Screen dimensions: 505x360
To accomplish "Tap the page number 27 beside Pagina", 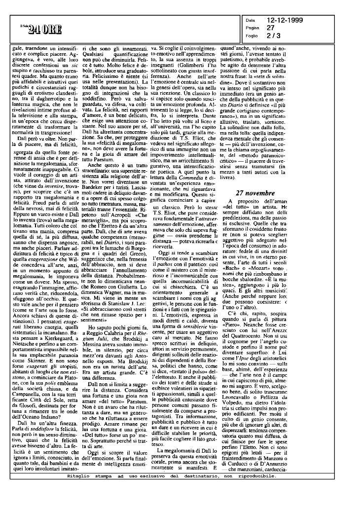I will [x=270, y=28].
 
